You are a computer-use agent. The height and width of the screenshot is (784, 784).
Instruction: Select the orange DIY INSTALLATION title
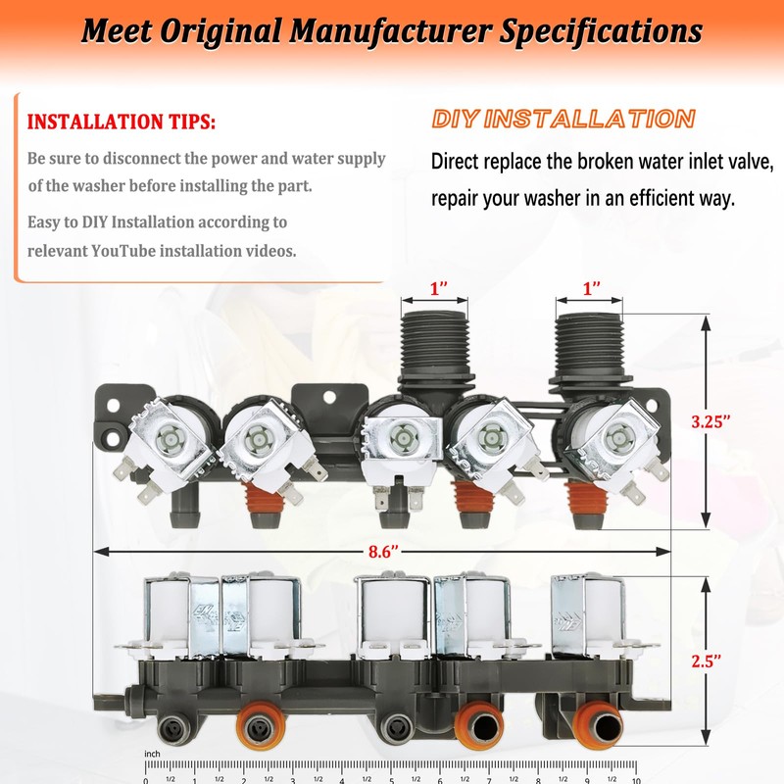[x=563, y=120]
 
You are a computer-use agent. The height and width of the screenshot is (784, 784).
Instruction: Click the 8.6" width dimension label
[x=383, y=552]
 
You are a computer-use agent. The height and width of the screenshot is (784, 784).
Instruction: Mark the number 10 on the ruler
[x=636, y=779]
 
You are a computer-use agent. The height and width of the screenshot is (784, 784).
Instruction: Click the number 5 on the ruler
[x=391, y=779]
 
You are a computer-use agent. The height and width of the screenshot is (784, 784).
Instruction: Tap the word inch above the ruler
[x=152, y=754]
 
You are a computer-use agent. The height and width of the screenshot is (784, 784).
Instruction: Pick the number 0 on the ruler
[x=146, y=779]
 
